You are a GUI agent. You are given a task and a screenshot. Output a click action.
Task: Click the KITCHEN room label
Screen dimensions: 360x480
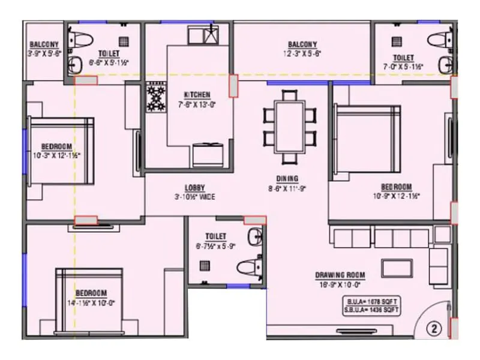(x=197, y=95)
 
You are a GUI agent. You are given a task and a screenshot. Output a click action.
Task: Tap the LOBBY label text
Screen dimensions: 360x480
(x=194, y=187)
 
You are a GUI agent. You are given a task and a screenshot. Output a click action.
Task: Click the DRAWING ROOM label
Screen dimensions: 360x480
(x=340, y=275)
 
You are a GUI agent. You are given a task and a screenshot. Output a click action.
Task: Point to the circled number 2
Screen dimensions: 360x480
(x=434, y=328)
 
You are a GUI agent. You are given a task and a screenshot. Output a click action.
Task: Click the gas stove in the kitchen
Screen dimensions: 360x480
(x=156, y=97)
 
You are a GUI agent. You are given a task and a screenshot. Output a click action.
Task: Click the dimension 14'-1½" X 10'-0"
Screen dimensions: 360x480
(x=91, y=302)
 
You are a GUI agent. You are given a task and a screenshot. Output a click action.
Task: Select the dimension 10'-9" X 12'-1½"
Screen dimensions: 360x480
(x=396, y=195)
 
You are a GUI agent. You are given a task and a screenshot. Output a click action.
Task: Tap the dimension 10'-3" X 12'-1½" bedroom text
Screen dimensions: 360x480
(x=57, y=155)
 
